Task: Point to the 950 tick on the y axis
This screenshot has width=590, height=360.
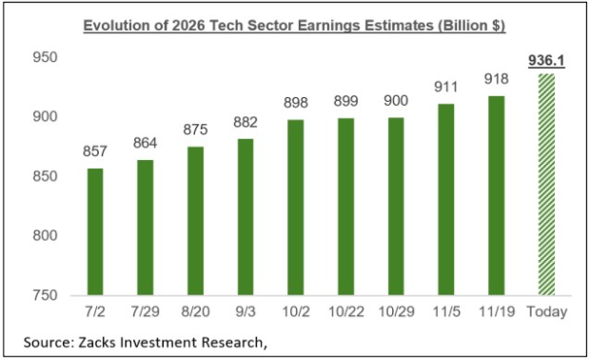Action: coord(47,58)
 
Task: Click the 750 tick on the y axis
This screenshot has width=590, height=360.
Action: coord(47,295)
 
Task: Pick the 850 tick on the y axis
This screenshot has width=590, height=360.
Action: coord(47,177)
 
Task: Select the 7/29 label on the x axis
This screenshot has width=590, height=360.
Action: coord(146,312)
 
